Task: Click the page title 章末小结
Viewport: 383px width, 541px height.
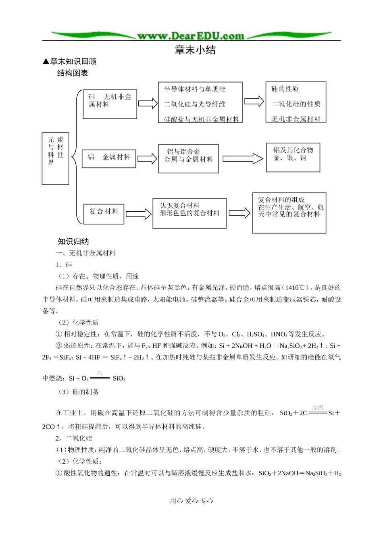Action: (195, 50)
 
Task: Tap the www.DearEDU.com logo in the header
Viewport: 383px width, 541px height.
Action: (191, 36)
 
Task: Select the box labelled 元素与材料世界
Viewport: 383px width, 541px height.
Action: (55, 158)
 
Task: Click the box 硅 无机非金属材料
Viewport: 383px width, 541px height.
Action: (110, 104)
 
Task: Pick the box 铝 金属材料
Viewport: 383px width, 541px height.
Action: (109, 158)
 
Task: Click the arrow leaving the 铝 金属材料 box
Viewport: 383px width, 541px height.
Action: (147, 158)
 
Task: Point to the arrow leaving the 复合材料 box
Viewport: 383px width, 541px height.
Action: (138, 214)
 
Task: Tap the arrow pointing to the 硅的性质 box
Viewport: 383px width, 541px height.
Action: (254, 101)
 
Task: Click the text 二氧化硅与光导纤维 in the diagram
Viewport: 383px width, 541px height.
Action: (194, 104)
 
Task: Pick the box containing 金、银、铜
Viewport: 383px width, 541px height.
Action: (293, 157)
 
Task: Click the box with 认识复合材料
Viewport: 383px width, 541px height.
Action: (189, 213)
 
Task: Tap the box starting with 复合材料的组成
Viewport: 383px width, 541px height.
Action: (289, 213)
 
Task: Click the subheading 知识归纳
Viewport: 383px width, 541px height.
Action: (73, 241)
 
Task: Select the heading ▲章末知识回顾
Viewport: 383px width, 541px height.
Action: (69, 62)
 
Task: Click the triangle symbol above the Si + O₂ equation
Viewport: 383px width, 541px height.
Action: (100, 373)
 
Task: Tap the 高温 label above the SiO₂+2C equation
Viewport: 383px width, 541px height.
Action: (318, 408)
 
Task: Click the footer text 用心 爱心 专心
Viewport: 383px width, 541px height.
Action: (191, 501)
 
